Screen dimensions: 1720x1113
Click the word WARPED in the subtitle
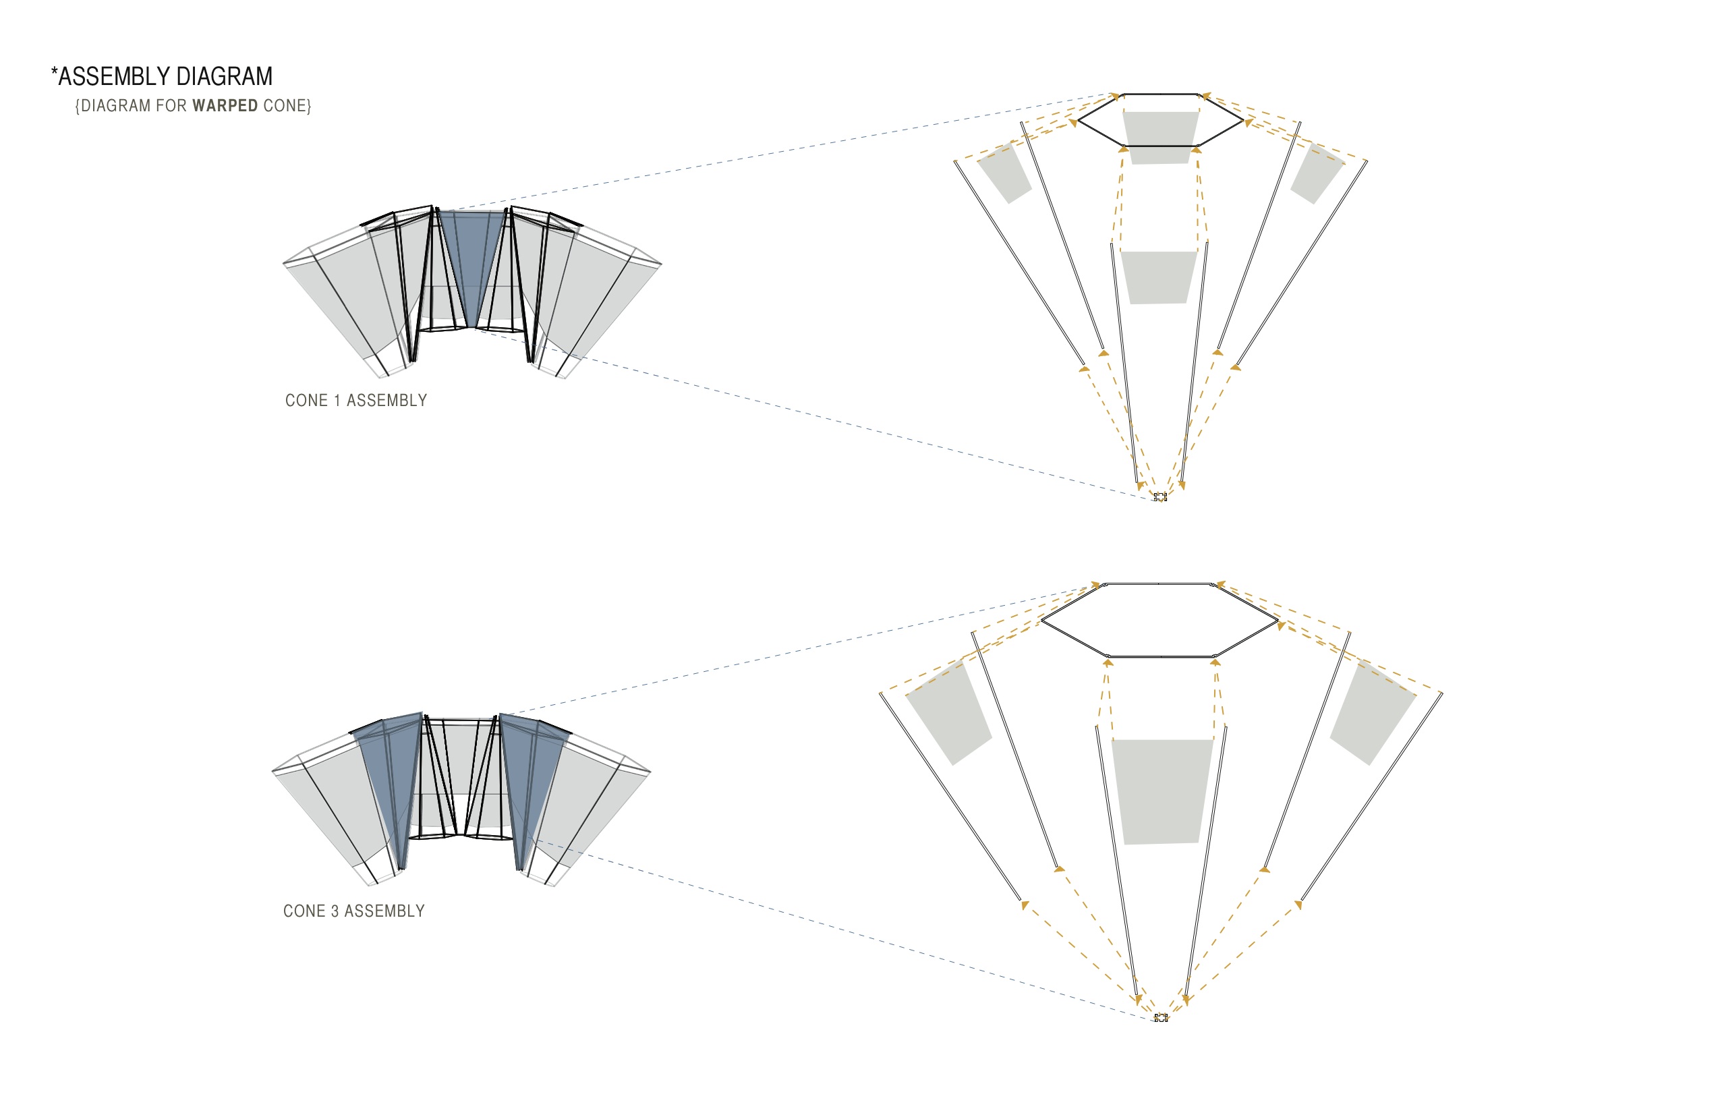pyautogui.click(x=225, y=105)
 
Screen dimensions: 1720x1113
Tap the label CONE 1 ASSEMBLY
pyautogui.click(x=355, y=401)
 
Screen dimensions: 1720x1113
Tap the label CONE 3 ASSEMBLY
pyautogui.click(x=353, y=911)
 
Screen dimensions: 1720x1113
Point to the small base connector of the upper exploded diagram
pyautogui.click(x=1160, y=496)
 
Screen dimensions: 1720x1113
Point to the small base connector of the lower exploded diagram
pyautogui.click(x=1161, y=1018)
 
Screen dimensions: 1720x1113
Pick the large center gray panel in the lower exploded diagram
pyautogui.click(x=1162, y=791)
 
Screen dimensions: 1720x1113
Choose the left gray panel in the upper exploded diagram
pyautogui.click(x=1004, y=173)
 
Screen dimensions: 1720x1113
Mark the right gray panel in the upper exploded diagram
pyautogui.click(x=1317, y=173)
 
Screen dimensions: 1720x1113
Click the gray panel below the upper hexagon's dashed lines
pyautogui.click(x=1159, y=277)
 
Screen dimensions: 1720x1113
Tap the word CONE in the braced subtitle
pyautogui.click(x=285, y=105)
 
